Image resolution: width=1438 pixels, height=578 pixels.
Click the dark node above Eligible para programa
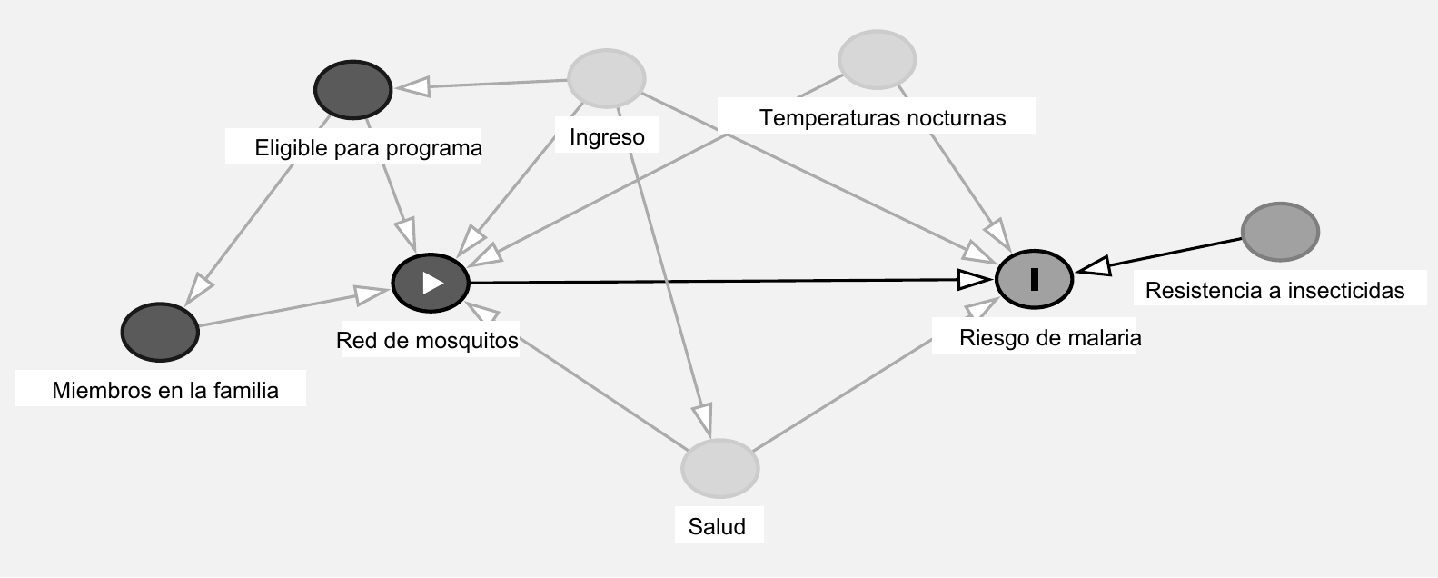353,89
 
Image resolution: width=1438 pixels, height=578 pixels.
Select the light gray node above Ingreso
607,78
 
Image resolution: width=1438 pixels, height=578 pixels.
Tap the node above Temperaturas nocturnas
878,60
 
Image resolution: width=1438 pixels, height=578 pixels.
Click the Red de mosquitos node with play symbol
431,283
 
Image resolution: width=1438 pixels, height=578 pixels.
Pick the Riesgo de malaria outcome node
1035,279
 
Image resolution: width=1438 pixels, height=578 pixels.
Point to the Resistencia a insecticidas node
1280,233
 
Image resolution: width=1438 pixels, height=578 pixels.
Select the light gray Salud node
720,469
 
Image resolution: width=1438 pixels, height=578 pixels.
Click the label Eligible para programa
368,148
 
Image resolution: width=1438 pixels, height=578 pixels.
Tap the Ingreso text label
607,137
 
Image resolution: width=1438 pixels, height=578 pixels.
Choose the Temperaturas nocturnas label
882,118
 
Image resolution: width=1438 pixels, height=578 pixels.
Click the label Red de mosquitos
427,341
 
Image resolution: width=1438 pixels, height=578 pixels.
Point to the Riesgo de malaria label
1050,338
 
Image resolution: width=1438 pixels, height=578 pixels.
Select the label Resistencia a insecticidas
1274,291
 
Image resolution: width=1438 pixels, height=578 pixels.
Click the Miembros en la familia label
165,391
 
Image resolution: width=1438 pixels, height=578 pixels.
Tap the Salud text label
717,527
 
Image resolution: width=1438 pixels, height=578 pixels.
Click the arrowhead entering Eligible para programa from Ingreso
413,87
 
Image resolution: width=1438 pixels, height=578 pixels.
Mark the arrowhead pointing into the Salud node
703,421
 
